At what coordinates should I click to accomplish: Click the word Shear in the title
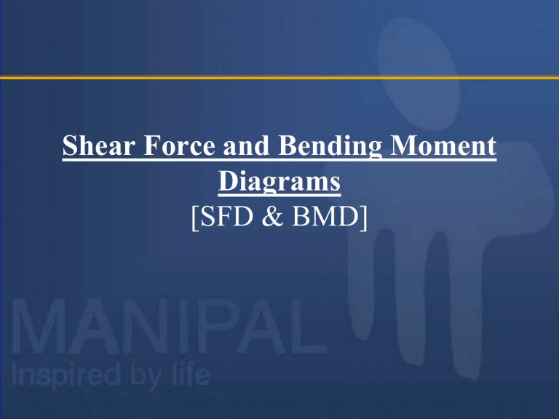[99, 145]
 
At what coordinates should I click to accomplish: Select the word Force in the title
[179, 145]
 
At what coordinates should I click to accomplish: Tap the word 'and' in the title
[246, 145]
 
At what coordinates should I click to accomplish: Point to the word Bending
[330, 148]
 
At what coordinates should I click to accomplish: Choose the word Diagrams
[279, 183]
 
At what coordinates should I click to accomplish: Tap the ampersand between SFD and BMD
[272, 216]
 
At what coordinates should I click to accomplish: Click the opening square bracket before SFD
[195, 218]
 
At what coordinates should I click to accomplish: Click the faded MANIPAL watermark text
[169, 326]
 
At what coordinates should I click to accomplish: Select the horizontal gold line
[279, 77]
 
